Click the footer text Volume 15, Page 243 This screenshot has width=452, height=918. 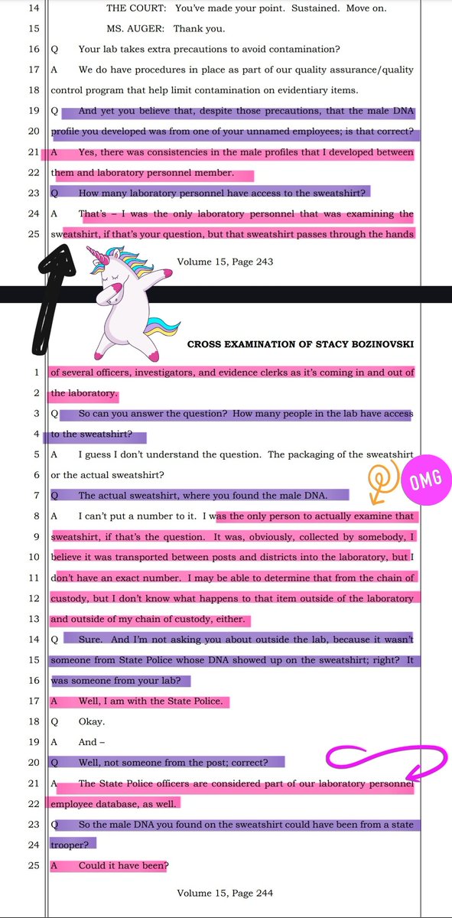(x=226, y=262)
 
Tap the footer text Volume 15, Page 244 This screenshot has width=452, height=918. (x=226, y=893)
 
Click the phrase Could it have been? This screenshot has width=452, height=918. (x=124, y=865)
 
